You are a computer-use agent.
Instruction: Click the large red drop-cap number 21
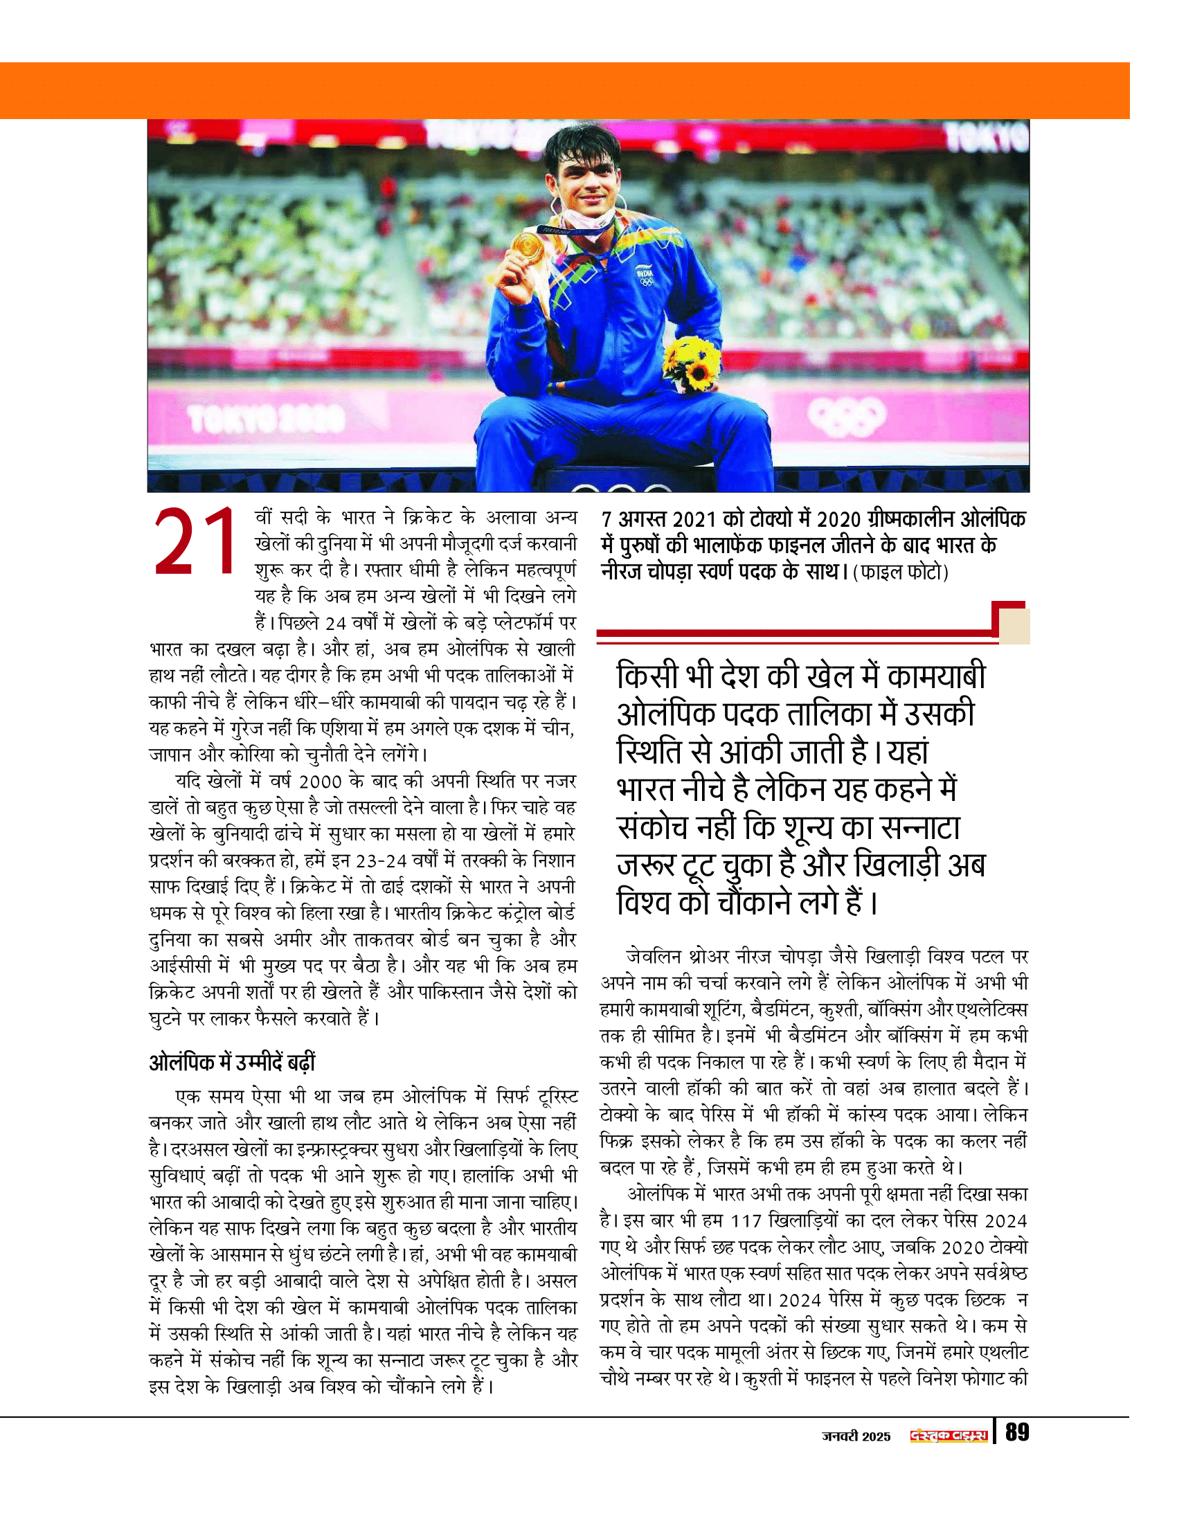point(196,542)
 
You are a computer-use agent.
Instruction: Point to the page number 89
point(1016,1433)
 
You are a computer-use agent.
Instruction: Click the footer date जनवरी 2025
point(856,1436)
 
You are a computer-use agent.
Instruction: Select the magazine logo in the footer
point(949,1436)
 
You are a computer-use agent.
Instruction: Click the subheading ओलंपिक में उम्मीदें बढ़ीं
point(232,1062)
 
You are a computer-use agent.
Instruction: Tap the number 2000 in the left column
point(320,782)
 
